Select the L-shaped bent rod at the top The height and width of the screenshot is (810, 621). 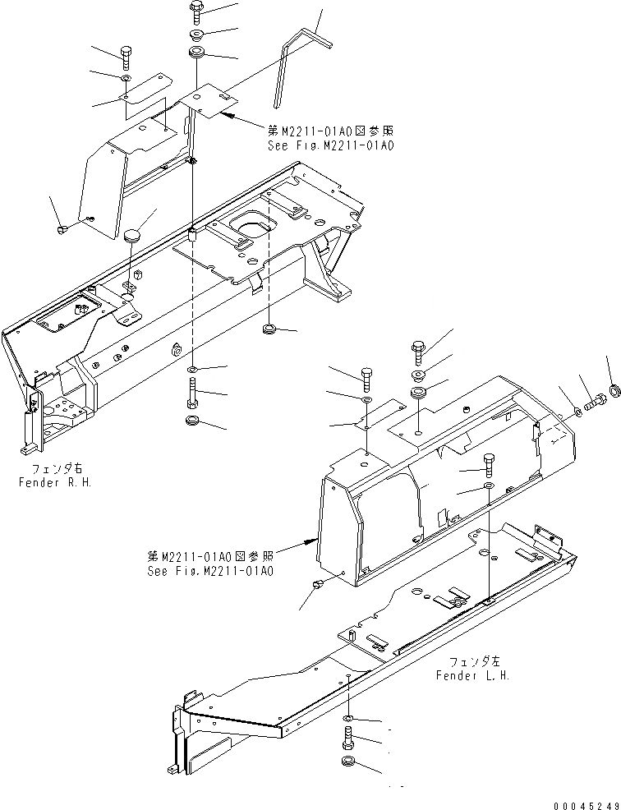pyautogui.click(x=300, y=58)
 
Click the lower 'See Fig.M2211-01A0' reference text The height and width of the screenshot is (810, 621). pyautogui.click(x=210, y=570)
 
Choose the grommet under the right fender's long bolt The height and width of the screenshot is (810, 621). pyautogui.click(x=192, y=421)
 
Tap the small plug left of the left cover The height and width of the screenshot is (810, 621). pyautogui.click(x=317, y=584)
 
